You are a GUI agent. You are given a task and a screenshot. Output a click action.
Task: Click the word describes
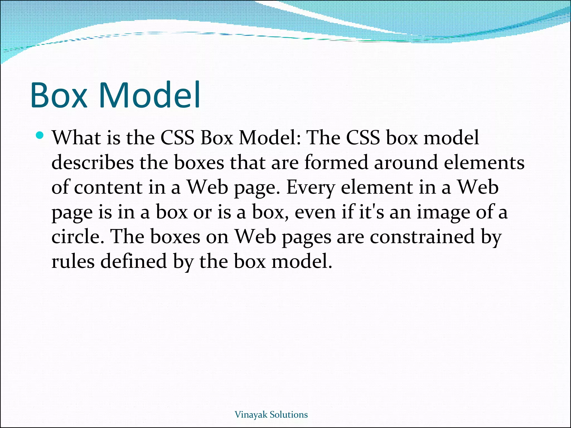(x=92, y=162)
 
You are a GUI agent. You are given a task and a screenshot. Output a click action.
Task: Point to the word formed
(x=336, y=162)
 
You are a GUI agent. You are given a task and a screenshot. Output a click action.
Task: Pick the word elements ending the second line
(x=484, y=162)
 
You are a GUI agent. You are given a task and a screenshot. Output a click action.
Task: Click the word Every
(x=310, y=188)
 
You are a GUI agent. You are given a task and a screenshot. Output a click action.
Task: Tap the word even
(x=315, y=212)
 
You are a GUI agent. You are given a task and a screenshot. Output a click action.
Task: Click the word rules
(x=73, y=262)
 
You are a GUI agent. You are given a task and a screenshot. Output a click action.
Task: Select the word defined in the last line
(x=134, y=262)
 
